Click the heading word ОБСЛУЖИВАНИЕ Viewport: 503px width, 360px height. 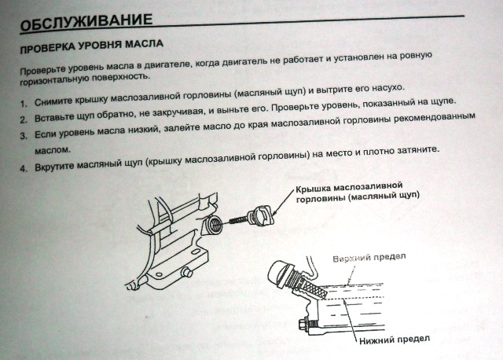[86, 22]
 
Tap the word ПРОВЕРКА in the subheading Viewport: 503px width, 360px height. [47, 48]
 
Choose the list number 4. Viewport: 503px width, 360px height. [24, 168]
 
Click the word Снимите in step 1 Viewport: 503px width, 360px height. [53, 101]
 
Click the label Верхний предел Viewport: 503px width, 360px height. [369, 258]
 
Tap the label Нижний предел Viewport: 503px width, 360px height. [395, 340]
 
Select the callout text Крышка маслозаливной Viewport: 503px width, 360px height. [349, 187]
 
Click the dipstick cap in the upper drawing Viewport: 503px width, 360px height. [260, 216]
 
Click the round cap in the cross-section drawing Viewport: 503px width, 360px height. [278, 274]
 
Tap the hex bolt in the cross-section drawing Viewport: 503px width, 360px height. [304, 324]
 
